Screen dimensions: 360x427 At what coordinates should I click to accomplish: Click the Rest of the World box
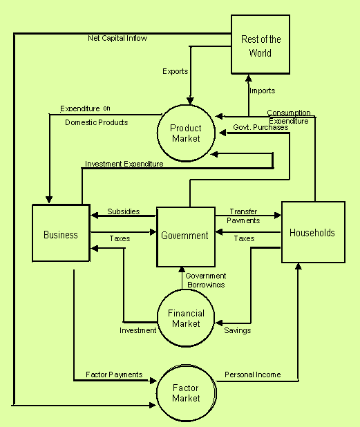coord(260,44)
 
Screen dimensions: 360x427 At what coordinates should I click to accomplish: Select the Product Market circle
coord(187,133)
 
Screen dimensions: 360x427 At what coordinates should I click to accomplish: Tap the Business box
coord(61,233)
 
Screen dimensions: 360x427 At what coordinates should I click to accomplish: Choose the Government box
coord(186,237)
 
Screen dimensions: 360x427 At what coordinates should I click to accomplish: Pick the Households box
coord(313,232)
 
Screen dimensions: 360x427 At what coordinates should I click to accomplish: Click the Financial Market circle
coord(186,318)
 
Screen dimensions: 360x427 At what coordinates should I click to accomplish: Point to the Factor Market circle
coord(187,393)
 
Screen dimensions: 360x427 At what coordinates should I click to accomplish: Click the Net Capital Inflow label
coord(117,38)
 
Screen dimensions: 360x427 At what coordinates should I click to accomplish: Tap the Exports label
coord(176,71)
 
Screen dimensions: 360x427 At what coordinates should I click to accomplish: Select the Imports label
coord(263,91)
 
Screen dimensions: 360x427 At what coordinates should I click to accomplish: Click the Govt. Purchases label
coord(260,127)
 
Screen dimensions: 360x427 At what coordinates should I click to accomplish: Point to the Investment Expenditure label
coord(124,164)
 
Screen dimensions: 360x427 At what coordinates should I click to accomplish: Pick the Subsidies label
coord(124,211)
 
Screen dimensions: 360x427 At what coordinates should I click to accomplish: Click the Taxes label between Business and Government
coord(120,238)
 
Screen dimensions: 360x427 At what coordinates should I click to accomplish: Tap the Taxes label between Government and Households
coord(245,238)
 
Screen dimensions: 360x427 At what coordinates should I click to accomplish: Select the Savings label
coord(238,330)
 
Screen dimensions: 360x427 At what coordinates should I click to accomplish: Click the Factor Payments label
coord(114,374)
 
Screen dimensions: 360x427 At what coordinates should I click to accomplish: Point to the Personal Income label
coord(253,374)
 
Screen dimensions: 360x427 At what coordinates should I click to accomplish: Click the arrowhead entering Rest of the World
coord(248,78)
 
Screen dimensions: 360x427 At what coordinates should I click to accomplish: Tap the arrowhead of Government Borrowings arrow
coord(182,270)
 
